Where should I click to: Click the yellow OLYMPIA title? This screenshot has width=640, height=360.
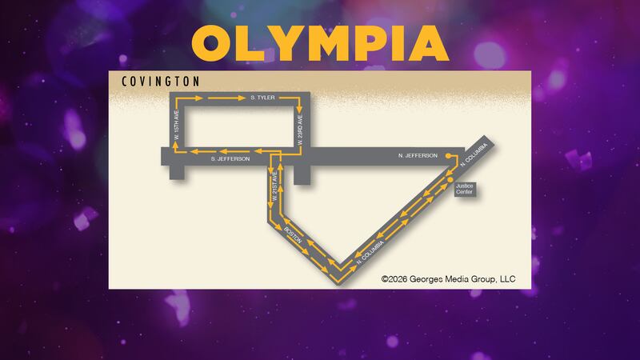tap(321, 43)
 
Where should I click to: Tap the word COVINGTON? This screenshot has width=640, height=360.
tap(161, 82)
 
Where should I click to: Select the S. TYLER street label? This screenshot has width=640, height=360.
tap(262, 98)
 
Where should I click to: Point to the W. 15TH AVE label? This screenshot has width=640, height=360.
tap(177, 125)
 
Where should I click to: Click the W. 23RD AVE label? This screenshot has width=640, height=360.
tap(300, 130)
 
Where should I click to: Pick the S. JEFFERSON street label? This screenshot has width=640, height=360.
tap(230, 158)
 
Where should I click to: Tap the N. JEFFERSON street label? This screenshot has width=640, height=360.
tap(418, 155)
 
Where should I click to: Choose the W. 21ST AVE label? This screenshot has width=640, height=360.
tap(274, 186)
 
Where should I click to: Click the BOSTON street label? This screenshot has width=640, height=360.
tap(293, 235)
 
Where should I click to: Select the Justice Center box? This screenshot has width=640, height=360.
tap(465, 189)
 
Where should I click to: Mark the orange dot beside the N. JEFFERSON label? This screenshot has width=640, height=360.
tap(448, 156)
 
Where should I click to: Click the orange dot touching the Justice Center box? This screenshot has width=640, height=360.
tap(450, 180)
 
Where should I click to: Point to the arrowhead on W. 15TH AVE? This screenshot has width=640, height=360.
tap(175, 144)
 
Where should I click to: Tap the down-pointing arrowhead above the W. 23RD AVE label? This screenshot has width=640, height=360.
tap(299, 110)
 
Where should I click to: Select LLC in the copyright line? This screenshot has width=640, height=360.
tap(508, 279)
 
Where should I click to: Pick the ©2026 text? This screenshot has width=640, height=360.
tap(394, 279)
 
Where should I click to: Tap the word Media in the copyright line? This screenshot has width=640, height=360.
tap(457, 279)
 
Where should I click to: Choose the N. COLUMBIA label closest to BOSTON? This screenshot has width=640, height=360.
tap(370, 253)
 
